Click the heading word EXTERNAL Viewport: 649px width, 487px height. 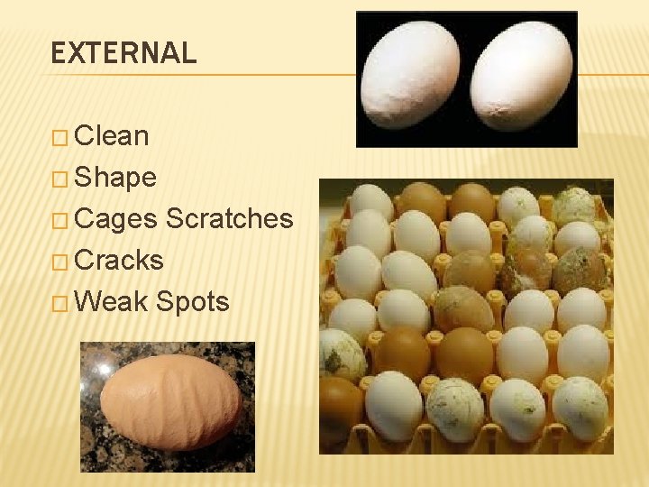point(123,53)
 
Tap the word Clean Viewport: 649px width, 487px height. point(112,136)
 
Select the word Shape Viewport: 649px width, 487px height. point(115,178)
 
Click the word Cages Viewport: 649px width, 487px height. point(116,219)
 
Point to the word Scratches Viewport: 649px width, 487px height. point(230,219)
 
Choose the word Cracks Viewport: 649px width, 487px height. point(119,261)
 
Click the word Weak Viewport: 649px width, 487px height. point(111,302)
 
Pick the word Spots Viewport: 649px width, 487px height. point(192,303)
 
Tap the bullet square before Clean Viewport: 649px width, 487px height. point(59,138)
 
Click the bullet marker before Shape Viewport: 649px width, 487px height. point(59,179)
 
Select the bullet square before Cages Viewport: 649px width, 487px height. point(59,221)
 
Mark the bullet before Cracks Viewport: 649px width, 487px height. point(59,262)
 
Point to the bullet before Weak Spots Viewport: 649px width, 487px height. point(59,304)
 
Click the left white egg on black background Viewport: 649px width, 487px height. point(412,77)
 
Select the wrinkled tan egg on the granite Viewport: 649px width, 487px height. point(169,403)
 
